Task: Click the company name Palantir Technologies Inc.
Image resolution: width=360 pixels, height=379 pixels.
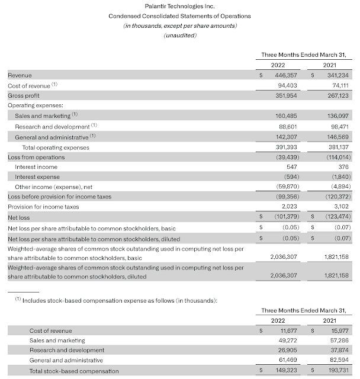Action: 179,5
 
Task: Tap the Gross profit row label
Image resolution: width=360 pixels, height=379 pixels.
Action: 24,95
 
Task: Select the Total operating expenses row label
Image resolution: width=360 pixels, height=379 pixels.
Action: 55,147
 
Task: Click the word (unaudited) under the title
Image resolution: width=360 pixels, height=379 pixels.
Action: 179,36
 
